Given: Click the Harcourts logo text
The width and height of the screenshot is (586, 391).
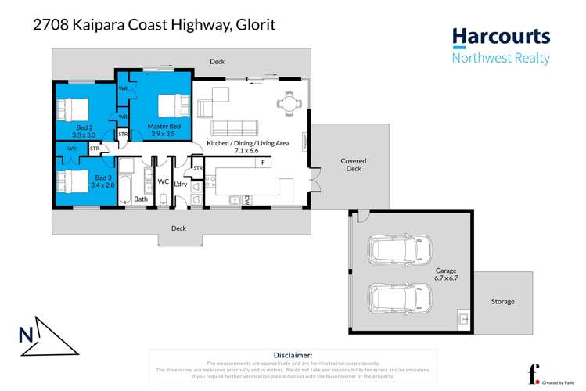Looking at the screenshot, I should (x=502, y=37).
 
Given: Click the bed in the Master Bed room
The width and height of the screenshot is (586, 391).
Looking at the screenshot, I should (x=168, y=103).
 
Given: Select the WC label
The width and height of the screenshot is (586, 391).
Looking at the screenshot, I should (x=164, y=181).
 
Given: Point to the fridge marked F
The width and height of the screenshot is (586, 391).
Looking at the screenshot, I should (x=264, y=163).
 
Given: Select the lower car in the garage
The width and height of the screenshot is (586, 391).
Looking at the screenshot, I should (x=394, y=296).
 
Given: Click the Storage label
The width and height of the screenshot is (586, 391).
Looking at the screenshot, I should (x=502, y=301).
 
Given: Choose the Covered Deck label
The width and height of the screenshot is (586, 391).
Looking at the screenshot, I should (x=353, y=164).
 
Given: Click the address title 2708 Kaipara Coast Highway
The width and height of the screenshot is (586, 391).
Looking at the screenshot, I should (x=153, y=25).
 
